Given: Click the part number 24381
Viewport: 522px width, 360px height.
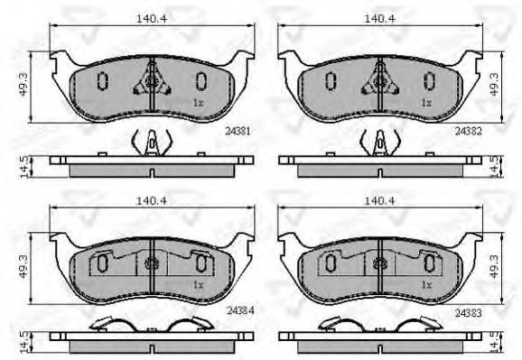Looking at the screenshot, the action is pos(237,131).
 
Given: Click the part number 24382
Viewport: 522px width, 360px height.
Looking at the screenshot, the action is pos(468,131).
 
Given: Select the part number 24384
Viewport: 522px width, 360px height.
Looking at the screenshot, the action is pos(240,310).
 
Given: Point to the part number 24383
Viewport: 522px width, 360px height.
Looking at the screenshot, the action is pos(468,313).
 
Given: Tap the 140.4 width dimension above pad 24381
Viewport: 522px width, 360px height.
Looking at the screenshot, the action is pos(152,19).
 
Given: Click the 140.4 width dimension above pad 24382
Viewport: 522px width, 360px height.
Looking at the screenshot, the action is pos(380,19).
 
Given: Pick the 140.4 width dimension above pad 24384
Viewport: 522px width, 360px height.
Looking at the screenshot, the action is pos(152,200).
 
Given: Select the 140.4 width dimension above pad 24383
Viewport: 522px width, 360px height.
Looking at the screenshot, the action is pos(380,200).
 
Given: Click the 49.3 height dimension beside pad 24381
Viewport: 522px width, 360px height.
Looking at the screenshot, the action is pos(23,85).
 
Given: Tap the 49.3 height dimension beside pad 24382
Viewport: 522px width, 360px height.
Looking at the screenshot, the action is pos(494,85).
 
